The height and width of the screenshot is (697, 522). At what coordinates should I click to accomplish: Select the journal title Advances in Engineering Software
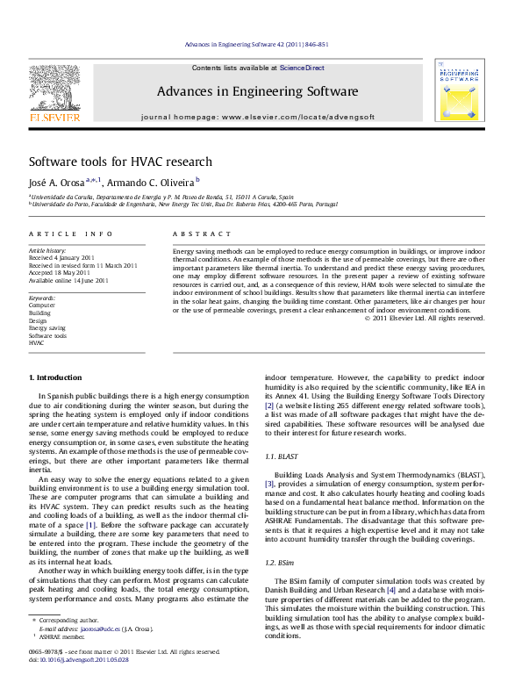click(x=257, y=91)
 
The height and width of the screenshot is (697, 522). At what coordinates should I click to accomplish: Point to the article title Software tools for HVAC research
click(x=120, y=162)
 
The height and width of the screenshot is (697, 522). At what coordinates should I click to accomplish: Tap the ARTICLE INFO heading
click(x=71, y=234)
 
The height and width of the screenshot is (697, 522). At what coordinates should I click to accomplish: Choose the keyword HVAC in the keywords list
click(x=37, y=343)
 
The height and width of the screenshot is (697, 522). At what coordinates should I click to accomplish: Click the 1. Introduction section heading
click(x=56, y=377)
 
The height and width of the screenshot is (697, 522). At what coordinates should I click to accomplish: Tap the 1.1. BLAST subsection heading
click(x=284, y=457)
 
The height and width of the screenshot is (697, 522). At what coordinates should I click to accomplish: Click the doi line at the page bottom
click(x=78, y=659)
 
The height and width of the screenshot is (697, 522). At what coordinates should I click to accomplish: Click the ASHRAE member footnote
click(x=62, y=636)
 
